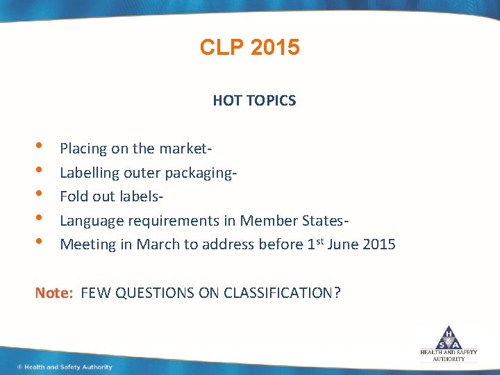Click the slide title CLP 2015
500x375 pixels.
(249, 47)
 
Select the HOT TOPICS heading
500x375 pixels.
(254, 101)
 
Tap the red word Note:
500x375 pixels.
(54, 293)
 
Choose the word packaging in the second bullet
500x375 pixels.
(202, 173)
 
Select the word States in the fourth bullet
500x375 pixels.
(322, 221)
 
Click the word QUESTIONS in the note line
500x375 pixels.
(155, 293)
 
